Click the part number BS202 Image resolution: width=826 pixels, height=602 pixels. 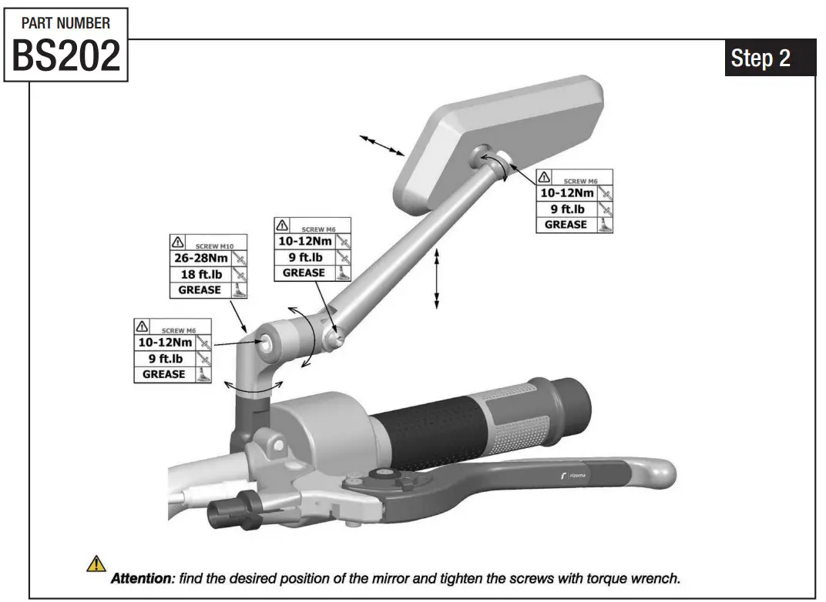click(x=66, y=55)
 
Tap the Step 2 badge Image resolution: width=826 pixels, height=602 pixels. click(x=761, y=59)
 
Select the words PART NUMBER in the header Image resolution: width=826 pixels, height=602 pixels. click(x=66, y=23)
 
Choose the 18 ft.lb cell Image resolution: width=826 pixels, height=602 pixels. click(x=199, y=274)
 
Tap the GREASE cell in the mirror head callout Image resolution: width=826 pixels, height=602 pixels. click(x=566, y=225)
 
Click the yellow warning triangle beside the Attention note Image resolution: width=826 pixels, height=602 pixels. click(x=96, y=564)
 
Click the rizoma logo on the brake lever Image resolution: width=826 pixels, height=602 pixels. click(x=573, y=478)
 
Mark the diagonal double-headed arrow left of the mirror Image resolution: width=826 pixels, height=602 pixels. click(x=383, y=144)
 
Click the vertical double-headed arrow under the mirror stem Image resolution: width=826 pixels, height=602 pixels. click(x=437, y=279)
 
